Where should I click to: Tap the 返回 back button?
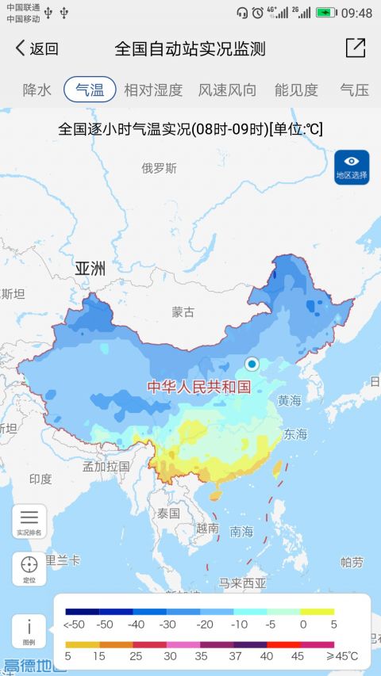(37, 48)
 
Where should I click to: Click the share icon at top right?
(356, 48)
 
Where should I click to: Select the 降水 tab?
(37, 90)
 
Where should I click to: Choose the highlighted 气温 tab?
(90, 90)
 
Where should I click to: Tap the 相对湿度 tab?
(153, 90)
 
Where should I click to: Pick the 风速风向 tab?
(227, 90)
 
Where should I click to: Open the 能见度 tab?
(296, 90)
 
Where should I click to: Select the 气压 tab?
(354, 90)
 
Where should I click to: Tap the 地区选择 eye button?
(352, 166)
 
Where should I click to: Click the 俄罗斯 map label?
(159, 168)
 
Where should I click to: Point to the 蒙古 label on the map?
(183, 312)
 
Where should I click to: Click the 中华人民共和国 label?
(198, 387)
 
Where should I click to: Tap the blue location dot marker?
(252, 364)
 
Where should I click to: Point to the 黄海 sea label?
(289, 401)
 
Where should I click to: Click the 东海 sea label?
(295, 433)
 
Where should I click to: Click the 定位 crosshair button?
(29, 569)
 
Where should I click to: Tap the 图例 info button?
(29, 631)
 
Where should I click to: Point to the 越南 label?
(207, 528)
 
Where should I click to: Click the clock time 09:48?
(356, 13)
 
